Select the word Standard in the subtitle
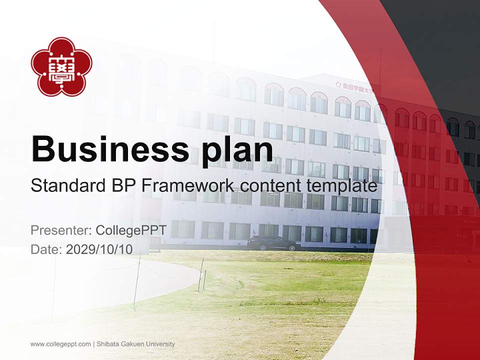tap(65, 186)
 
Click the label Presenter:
tap(60, 230)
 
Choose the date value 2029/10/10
tap(99, 249)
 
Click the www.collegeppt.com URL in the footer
tap(60, 344)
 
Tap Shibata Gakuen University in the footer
tap(135, 344)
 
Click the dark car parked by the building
tap(274, 243)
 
